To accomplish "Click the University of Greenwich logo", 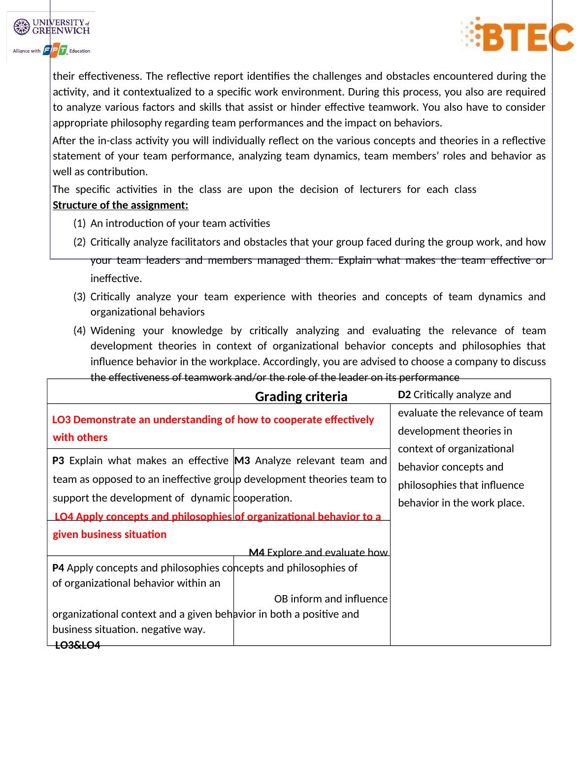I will tap(52, 27).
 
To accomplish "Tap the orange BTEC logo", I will tap(517, 34).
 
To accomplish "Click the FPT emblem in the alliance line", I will tap(55, 51).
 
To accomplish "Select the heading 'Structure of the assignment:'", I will tap(120, 205).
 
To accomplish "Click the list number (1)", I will tap(79, 223).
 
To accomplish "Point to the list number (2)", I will tap(79, 242).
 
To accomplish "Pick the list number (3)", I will tap(79, 297).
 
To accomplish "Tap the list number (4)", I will tap(79, 331).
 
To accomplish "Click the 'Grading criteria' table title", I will tap(301, 397).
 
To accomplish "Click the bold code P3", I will tap(58, 461).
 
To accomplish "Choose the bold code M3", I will tap(243, 461).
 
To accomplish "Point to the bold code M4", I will tap(257, 553).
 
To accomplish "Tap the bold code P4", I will tap(58, 568).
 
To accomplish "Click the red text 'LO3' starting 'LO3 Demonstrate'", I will tap(62, 420).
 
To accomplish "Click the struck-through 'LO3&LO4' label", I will tap(77, 645).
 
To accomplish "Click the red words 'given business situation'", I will tap(109, 535).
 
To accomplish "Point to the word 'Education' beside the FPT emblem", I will tap(80, 51).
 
